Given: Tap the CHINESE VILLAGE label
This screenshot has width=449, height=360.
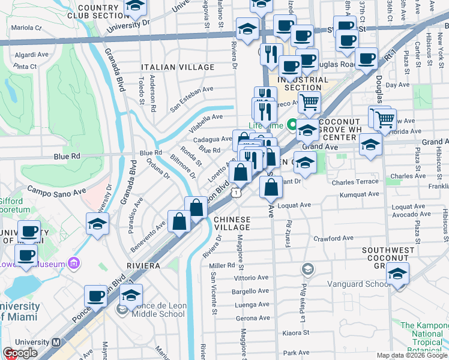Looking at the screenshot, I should pos(232,223).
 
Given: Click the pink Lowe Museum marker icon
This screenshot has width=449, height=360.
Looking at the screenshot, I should pos(74,262).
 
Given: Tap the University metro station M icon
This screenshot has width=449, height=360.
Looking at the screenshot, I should pos(56,343).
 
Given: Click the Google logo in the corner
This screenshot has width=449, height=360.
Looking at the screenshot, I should pos(19,353).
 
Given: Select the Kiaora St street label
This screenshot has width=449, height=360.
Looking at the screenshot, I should pos(297,332).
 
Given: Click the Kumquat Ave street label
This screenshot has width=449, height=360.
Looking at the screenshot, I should pos(359,194).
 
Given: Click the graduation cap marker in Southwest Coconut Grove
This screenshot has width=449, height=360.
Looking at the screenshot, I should pos(397,275).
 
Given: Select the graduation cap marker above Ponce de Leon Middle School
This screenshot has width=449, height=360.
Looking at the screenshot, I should pos(131,295).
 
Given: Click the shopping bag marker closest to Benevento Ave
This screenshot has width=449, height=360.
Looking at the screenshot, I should pos(179,221).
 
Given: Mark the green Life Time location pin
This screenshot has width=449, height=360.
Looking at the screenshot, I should pos(292,125).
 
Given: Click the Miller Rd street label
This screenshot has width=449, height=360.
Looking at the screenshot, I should pos(222,265).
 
